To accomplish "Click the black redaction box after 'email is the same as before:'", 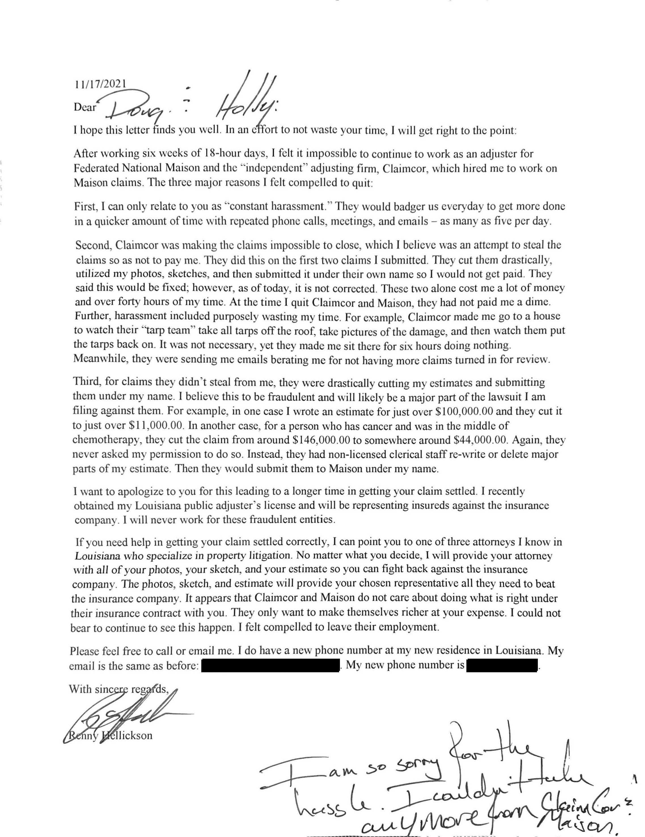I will click(270, 666).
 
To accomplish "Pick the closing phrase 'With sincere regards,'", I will click(119, 690).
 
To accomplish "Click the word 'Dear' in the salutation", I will click(85, 107).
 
